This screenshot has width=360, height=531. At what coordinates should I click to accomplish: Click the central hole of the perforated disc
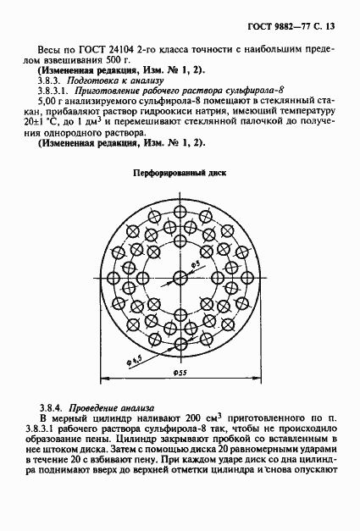(x=180, y=279)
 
